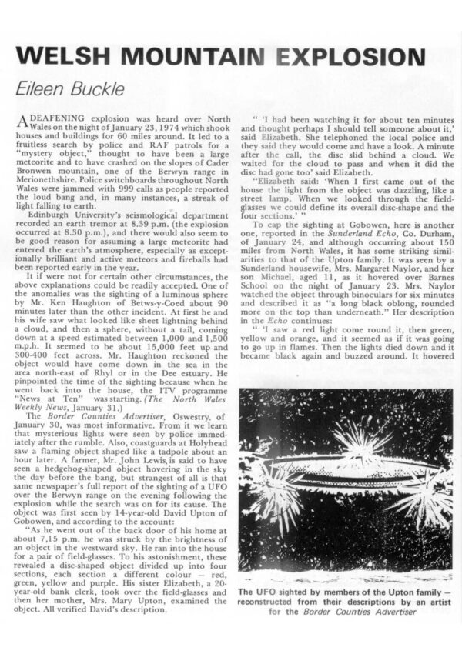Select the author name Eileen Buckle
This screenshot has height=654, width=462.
click(x=66, y=88)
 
